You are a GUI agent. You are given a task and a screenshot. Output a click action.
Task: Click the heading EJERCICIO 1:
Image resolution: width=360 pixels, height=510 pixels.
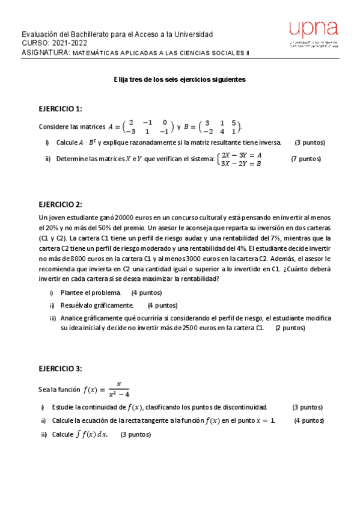(60, 109)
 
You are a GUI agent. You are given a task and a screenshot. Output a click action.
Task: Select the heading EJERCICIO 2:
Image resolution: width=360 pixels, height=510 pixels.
(60, 204)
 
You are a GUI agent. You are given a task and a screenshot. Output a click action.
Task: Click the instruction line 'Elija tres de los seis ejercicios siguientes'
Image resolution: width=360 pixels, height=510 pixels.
(180, 79)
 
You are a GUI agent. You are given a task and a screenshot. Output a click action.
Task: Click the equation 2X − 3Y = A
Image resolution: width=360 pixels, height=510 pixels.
(242, 155)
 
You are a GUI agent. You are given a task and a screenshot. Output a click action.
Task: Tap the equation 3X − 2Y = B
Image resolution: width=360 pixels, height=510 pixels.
(242, 164)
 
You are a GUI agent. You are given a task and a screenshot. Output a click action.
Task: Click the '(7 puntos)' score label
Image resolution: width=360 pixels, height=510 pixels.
(306, 159)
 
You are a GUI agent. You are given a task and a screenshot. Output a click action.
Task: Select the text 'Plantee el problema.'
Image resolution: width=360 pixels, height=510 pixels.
(90, 293)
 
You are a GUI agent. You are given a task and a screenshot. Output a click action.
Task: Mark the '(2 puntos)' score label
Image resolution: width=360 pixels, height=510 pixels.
(290, 328)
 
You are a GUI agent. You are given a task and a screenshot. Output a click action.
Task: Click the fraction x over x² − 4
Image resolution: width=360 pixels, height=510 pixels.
(118, 389)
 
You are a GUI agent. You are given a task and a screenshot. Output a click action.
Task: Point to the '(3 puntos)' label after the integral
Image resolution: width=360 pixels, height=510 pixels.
(136, 434)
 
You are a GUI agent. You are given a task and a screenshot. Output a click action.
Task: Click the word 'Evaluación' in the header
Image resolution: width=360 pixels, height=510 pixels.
(40, 34)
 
